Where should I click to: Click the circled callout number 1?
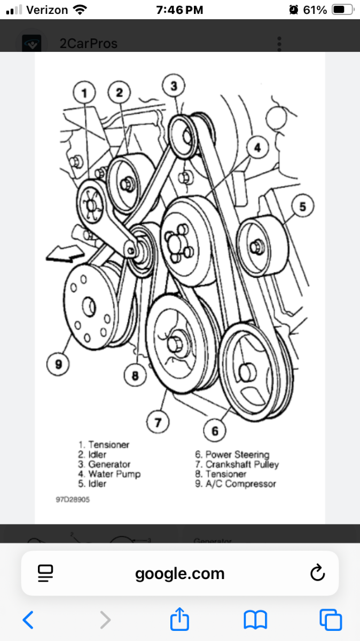84,93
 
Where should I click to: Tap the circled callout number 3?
174,85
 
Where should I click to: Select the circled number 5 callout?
302,206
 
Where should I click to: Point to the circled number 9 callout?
58,364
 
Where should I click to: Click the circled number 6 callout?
215,431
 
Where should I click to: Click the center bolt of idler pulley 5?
257,246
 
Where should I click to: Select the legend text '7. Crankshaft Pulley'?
237,464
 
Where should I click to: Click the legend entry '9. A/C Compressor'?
235,484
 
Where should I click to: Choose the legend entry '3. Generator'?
104,464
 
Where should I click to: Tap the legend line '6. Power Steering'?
232,455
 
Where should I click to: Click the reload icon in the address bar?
317,574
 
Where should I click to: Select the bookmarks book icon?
255,620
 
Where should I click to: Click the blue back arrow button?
28,620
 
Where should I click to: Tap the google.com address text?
179,574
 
